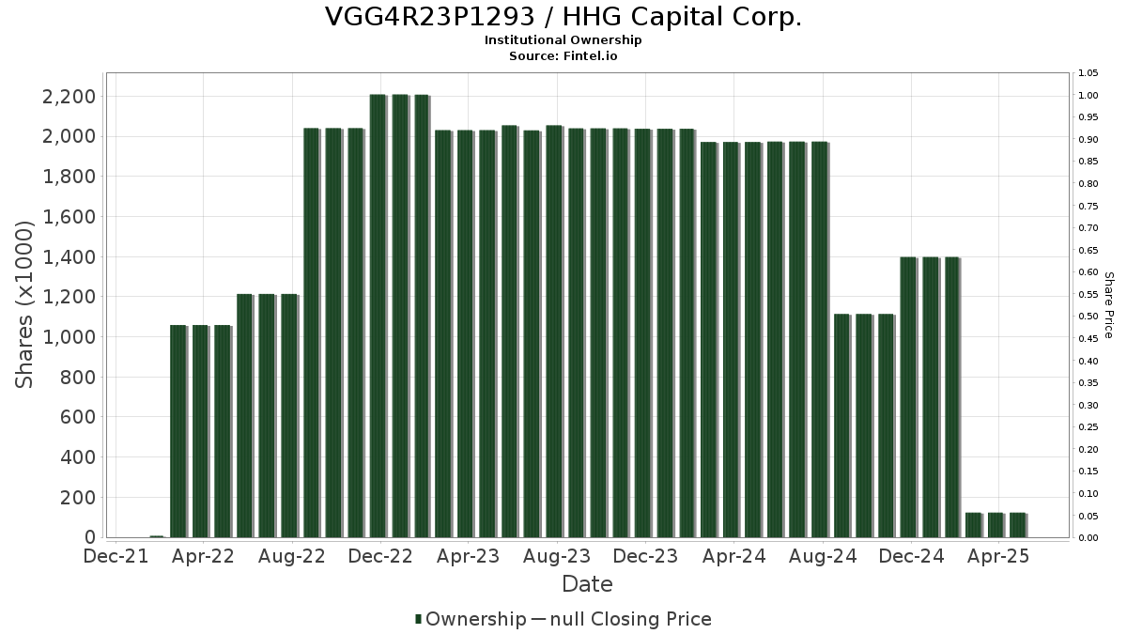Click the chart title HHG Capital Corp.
click(x=563, y=17)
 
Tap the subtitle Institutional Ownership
click(x=563, y=40)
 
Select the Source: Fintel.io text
click(x=563, y=55)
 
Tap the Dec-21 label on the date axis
click(x=115, y=557)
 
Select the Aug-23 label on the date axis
click(x=558, y=557)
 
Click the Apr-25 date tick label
click(x=999, y=557)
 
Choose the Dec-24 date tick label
click(x=911, y=557)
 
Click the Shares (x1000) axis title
click(x=25, y=304)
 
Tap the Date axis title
click(x=587, y=584)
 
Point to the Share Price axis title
click(x=1108, y=304)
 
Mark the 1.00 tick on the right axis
click(x=1089, y=96)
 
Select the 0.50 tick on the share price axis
click(x=1089, y=317)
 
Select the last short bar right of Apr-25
click(x=1017, y=525)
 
